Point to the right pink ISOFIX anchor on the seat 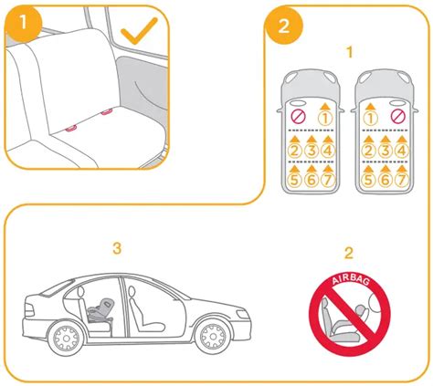pyautogui.click(x=108, y=112)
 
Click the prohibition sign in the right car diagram pyautogui.click(x=396, y=117)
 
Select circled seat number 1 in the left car pyautogui.click(x=323, y=117)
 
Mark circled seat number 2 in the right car pyautogui.click(x=369, y=150)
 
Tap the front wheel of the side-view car pyautogui.click(x=216, y=336)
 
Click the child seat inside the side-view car pyautogui.click(x=100, y=309)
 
